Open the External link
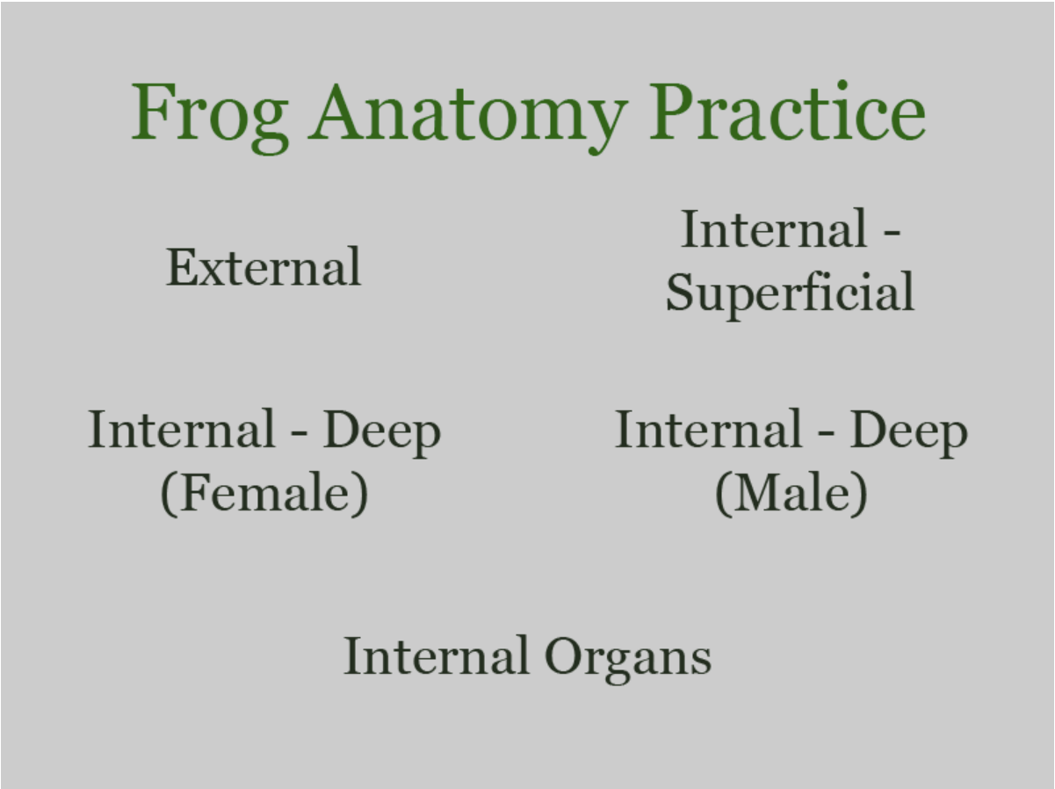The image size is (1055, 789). [264, 267]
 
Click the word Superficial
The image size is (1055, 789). [790, 293]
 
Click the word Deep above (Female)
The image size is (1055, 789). [381, 431]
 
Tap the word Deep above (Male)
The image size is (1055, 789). [908, 431]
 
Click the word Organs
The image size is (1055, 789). [627, 657]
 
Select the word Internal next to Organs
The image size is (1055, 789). [436, 655]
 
